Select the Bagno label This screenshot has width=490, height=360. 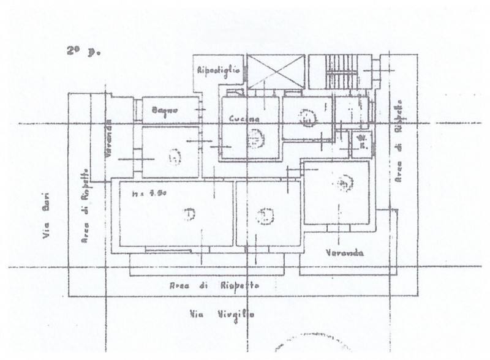click(x=165, y=111)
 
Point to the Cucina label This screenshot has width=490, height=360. click(x=244, y=118)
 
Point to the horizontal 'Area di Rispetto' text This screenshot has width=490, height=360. click(x=214, y=286)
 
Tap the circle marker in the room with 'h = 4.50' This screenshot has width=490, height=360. click(x=189, y=214)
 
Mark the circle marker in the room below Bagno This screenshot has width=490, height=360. click(x=175, y=157)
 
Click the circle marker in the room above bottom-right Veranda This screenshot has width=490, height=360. click(x=344, y=181)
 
